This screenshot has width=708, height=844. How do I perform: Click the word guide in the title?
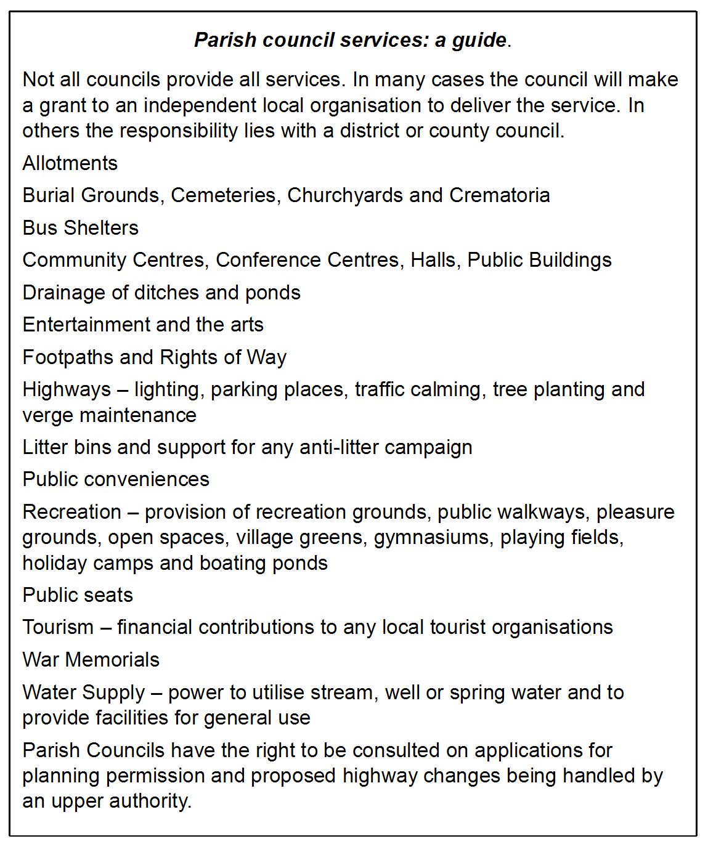click(x=479, y=41)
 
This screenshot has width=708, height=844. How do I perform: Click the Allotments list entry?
click(x=70, y=163)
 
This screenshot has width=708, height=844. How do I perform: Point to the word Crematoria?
click(x=499, y=195)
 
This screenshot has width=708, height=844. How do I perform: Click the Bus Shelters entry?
click(x=80, y=228)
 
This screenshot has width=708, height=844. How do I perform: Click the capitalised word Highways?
click(x=67, y=389)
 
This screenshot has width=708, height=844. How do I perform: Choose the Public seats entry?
click(x=78, y=595)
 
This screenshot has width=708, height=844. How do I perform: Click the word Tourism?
click(x=58, y=627)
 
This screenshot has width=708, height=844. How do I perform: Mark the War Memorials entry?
click(x=91, y=660)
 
